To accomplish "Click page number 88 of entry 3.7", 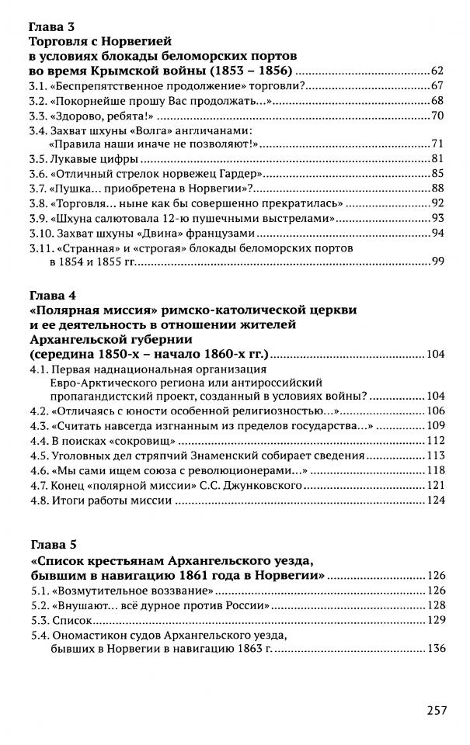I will click(436, 189).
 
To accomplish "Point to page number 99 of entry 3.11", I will click(436, 263).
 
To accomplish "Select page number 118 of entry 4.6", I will click(433, 471).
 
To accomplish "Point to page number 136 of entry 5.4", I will click(433, 650).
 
